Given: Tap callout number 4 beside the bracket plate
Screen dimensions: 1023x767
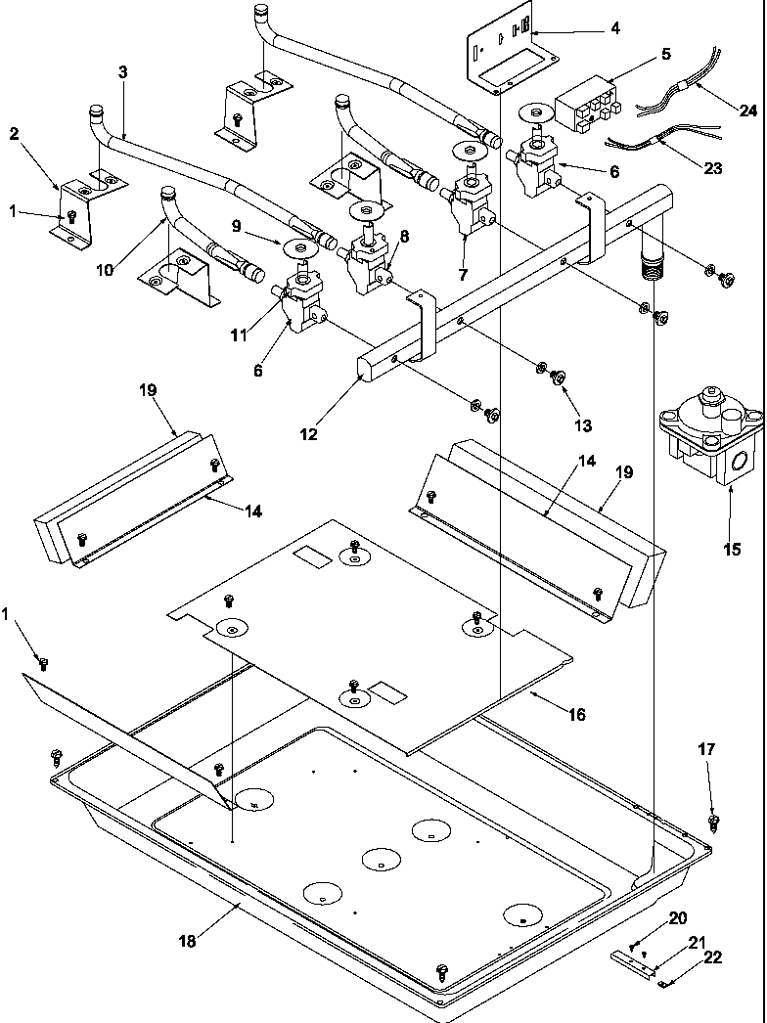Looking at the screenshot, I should [613, 28].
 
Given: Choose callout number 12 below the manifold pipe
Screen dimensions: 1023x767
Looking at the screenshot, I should [309, 434].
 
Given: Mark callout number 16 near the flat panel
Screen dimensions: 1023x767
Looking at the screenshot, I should [576, 715].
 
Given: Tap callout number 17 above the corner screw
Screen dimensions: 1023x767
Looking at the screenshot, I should [706, 749].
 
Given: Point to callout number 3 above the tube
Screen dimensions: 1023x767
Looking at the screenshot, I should [122, 71].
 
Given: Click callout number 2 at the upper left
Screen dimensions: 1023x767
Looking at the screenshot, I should [14, 133].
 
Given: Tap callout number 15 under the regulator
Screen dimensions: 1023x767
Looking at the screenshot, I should [732, 549].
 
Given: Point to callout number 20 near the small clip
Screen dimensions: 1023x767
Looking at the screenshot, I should [678, 917].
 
